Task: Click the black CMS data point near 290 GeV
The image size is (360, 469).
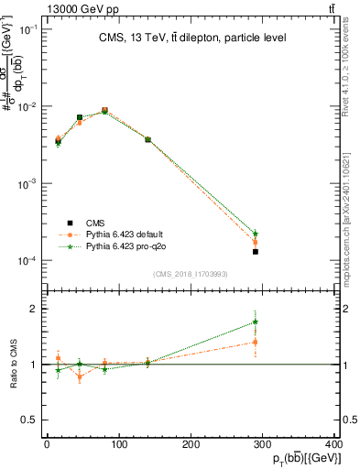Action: [256, 251]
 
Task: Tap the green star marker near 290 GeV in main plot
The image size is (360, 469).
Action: [256, 234]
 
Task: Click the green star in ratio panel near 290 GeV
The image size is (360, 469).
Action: [256, 322]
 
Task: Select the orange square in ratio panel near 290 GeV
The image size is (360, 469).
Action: [256, 342]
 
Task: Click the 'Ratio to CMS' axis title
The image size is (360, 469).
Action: [13, 364]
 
